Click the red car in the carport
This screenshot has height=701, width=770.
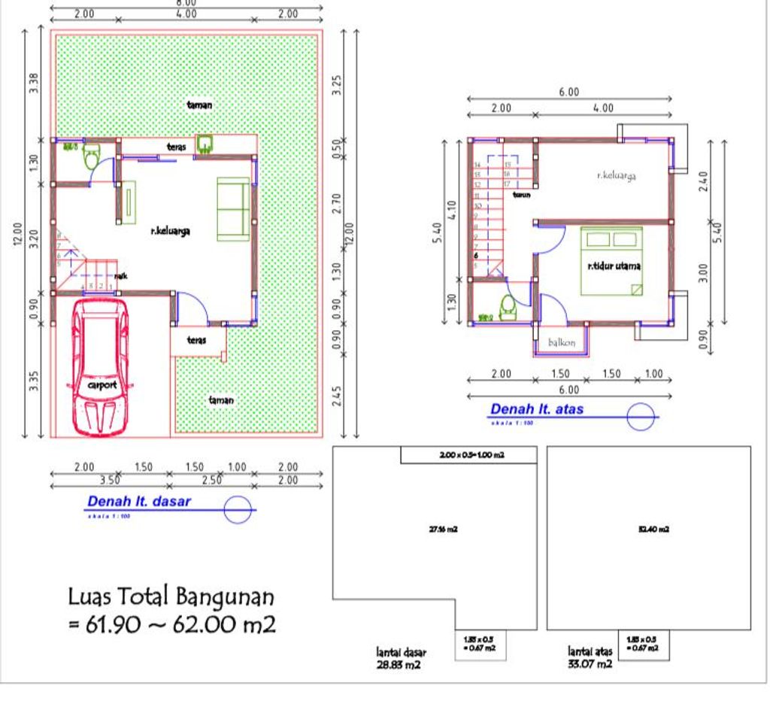coord(100,369)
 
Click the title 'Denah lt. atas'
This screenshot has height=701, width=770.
coord(536,410)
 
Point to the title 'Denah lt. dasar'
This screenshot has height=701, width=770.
coord(139,501)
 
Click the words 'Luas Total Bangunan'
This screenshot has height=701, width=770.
coord(171,597)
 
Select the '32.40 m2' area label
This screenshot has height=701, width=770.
coord(653,529)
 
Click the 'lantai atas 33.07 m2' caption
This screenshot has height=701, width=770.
coord(590,657)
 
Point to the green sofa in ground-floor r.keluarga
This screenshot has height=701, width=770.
coord(233,209)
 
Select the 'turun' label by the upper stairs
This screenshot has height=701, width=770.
coord(521,195)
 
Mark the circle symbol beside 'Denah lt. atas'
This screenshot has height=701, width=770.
coord(641,417)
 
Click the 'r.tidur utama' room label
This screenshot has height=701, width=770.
coord(613,266)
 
